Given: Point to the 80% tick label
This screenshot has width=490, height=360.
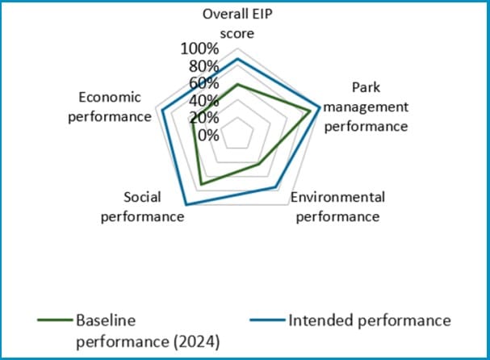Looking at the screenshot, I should coord(203,66).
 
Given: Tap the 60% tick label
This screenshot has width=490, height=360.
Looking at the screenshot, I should coord(203,83).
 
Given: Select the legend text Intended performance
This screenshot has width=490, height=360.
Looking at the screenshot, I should coord(369,320).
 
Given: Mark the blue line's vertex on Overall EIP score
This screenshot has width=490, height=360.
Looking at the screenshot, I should coord(237,58).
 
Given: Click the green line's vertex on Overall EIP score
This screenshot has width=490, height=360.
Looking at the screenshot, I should coord(237,84).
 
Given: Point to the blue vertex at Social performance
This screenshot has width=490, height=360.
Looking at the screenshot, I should coord(186,205).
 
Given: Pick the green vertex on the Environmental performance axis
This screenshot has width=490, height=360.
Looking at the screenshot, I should coord(259,165).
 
